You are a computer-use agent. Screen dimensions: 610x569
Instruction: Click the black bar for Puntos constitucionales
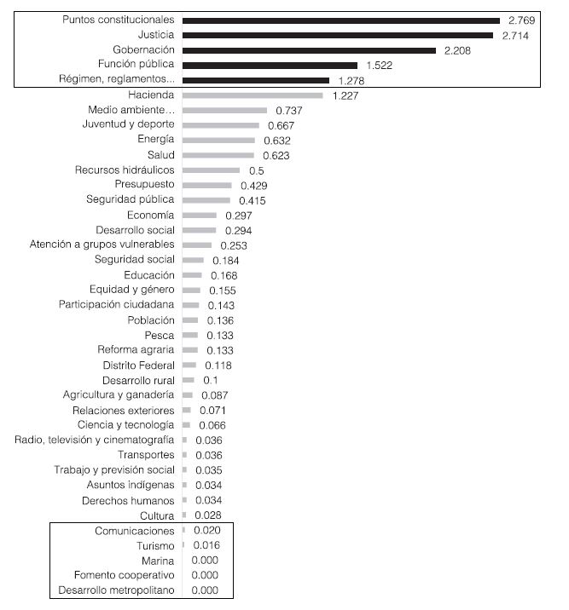point(341,20)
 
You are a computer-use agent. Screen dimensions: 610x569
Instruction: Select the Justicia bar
point(338,35)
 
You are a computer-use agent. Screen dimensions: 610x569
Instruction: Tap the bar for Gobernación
point(309,50)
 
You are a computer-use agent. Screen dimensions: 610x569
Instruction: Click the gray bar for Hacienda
point(253,95)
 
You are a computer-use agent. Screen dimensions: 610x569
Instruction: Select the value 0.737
point(289,111)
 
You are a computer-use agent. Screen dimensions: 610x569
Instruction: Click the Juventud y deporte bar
point(220,125)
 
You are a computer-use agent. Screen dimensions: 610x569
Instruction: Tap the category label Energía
point(156,140)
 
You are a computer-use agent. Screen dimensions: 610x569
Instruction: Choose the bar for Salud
point(218,155)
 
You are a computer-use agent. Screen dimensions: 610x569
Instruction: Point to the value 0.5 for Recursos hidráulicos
point(256,170)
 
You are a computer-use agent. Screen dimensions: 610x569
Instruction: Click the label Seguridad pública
point(131,200)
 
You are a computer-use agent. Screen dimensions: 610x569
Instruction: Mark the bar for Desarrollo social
point(199,230)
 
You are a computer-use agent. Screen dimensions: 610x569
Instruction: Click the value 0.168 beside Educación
point(223,275)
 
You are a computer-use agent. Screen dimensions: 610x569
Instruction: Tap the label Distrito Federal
point(136,365)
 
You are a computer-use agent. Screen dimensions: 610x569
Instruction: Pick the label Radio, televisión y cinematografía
point(95,440)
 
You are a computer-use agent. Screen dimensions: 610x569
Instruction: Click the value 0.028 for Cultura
point(208,515)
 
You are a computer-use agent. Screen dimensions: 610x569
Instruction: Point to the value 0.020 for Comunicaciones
point(206,531)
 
